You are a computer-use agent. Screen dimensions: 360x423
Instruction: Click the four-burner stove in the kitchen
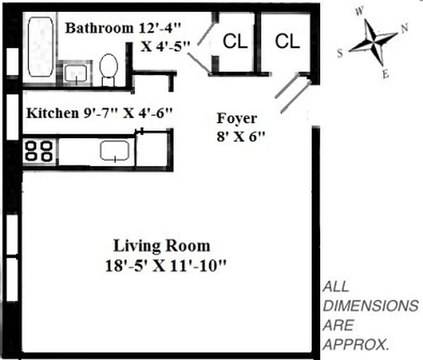click(39, 151)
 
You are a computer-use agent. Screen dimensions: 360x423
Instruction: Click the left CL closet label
click(235, 42)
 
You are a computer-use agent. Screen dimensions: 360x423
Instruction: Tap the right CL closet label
click(287, 42)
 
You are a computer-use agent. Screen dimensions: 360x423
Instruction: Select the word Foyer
click(237, 118)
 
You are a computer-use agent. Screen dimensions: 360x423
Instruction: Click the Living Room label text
click(161, 246)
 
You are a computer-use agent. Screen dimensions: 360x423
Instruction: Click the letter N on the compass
click(404, 28)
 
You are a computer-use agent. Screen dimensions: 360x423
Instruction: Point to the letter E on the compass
click(385, 75)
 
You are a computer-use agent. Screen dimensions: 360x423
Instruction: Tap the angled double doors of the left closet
click(198, 47)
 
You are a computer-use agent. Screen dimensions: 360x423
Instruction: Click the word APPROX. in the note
click(356, 345)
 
